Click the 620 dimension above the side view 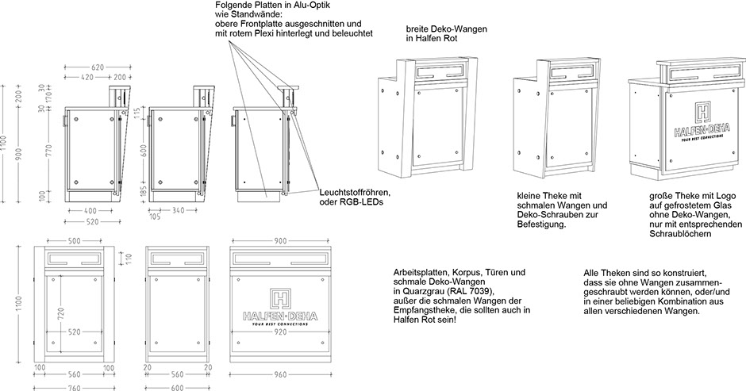[x=98, y=67]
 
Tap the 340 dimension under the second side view [x=179, y=210]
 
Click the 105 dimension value [x=154, y=216]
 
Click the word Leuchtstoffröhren [x=355, y=192]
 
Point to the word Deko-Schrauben [x=544, y=215]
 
